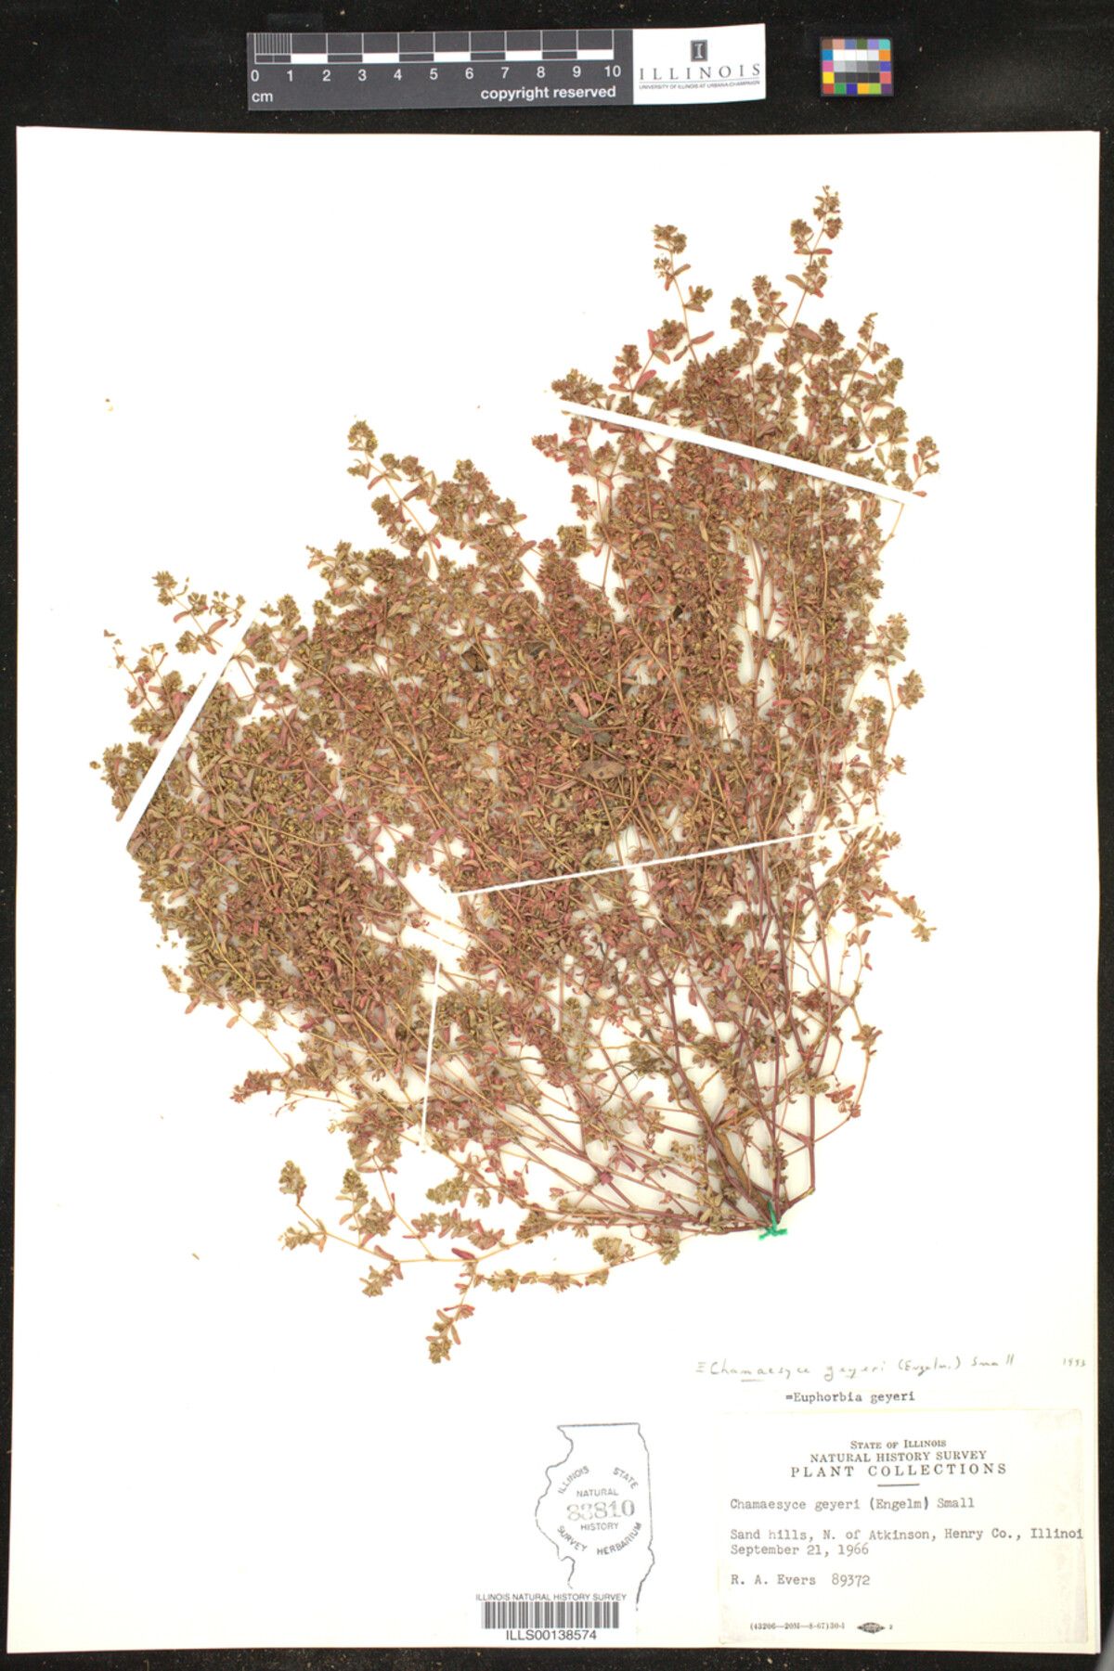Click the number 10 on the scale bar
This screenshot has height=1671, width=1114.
point(612,72)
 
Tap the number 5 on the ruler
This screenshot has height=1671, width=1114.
point(433,74)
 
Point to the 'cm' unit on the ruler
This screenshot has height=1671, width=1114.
point(262,96)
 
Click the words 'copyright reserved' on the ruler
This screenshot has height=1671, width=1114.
point(548,93)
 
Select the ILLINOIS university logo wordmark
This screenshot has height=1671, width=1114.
point(699,72)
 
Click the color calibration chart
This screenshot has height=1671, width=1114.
point(855,67)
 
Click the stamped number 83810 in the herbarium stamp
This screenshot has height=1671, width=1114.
point(601,1510)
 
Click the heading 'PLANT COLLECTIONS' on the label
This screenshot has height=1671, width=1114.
point(898,1471)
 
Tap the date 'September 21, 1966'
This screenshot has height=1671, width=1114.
point(798,1549)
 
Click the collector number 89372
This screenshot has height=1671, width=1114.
point(850,1579)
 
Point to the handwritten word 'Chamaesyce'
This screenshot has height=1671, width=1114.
point(756,1368)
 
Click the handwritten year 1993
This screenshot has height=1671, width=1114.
point(1072,1363)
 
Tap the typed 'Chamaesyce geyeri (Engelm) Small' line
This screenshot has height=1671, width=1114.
point(851,1504)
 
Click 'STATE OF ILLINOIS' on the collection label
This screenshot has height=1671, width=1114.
point(898,1445)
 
